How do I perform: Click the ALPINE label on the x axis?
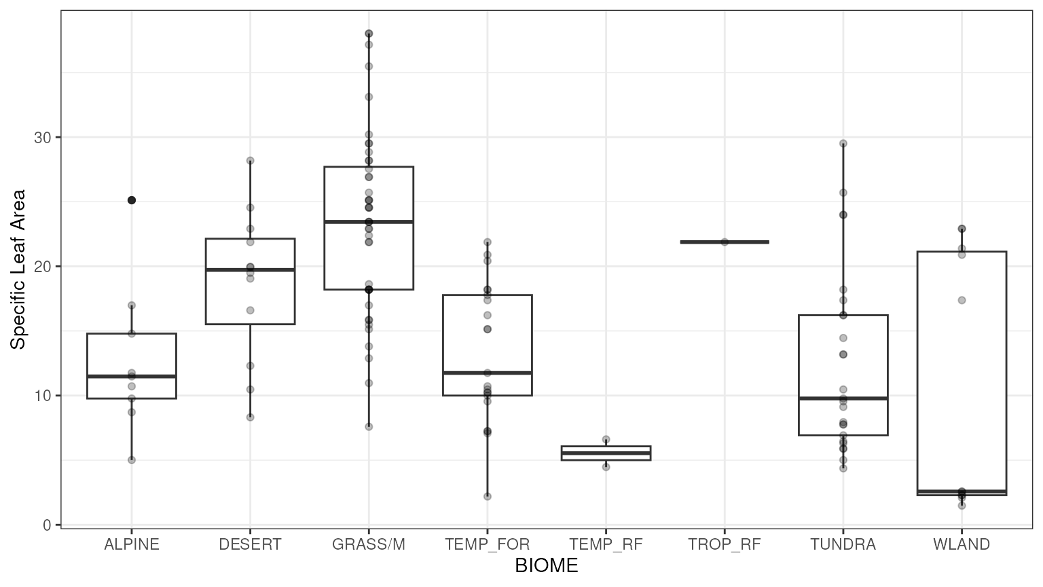[132, 544]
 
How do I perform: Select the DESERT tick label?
[250, 544]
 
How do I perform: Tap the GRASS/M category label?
[369, 544]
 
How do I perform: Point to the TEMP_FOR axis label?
[487, 544]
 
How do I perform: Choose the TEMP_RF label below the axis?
[606, 544]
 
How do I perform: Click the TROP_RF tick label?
[725, 544]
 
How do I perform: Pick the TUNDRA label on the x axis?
[843, 544]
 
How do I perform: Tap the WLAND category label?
[962, 544]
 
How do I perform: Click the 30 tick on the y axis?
[43, 137]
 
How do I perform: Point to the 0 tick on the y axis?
[48, 525]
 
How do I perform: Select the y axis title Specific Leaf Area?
[18, 269]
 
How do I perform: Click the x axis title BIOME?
[547, 566]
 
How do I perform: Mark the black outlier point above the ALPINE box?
[132, 200]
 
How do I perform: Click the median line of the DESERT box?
[250, 270]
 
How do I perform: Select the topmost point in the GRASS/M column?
[369, 33]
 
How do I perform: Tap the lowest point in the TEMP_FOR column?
[487, 496]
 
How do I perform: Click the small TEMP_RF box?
[606, 453]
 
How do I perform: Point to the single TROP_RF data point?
[725, 242]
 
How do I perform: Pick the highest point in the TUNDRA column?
[843, 143]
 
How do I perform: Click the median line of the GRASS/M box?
[369, 221]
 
